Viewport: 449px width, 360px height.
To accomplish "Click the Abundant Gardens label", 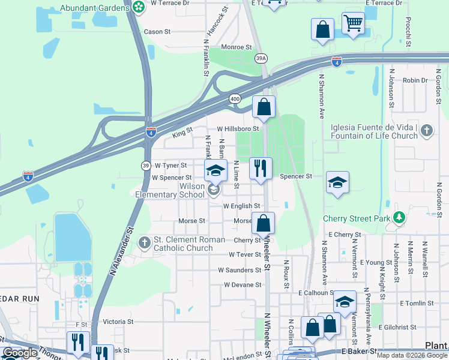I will pyautogui.click(x=95, y=8).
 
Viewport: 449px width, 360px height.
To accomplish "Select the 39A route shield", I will pyautogui.click(x=261, y=58).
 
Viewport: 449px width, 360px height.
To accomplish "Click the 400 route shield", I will pyautogui.click(x=234, y=98).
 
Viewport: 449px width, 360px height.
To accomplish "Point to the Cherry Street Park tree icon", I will pyautogui.click(x=397, y=218).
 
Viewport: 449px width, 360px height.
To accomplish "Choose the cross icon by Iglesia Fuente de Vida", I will pyautogui.click(x=426, y=131).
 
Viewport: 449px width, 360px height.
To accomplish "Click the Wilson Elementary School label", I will pyautogui.click(x=170, y=191).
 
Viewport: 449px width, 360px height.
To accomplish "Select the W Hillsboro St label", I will pyautogui.click(x=238, y=128).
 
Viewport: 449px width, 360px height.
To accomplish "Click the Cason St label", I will pyautogui.click(x=157, y=32).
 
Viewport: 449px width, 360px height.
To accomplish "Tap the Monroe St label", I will pyautogui.click(x=236, y=47).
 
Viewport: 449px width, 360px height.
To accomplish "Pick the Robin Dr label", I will pyautogui.click(x=415, y=80).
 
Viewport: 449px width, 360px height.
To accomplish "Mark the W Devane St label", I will pyautogui.click(x=243, y=285).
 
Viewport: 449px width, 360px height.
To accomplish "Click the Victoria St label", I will pyautogui.click(x=118, y=322).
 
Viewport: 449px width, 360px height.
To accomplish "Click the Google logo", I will pyautogui.click(x=19, y=353).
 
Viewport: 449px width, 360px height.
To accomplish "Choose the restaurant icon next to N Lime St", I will pyautogui.click(x=261, y=167).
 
